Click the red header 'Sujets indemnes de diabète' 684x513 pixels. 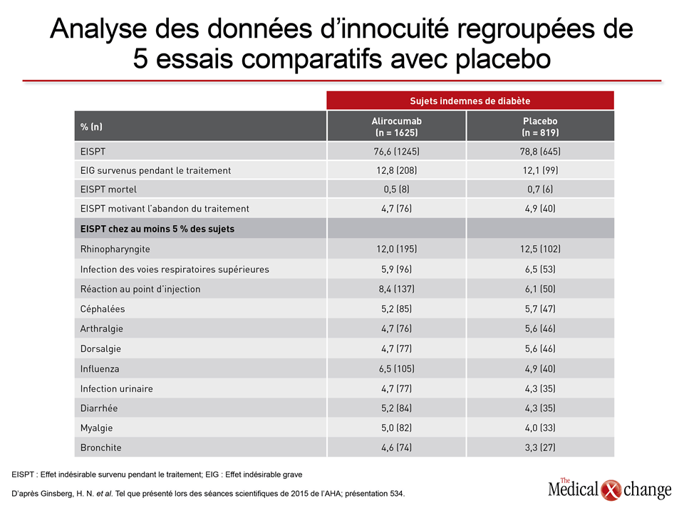(x=470, y=100)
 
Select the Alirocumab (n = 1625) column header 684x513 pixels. (x=397, y=127)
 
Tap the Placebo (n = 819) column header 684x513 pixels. (x=540, y=127)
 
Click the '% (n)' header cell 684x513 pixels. (x=91, y=127)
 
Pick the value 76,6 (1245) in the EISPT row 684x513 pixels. (x=397, y=151)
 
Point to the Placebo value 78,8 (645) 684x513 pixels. (x=540, y=151)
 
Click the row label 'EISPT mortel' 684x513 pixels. (x=108, y=190)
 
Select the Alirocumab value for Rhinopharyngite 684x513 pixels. (x=397, y=249)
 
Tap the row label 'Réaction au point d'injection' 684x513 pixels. (x=140, y=289)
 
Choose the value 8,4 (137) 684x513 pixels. (x=397, y=289)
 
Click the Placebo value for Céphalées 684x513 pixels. (x=540, y=309)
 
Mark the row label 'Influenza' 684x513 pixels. (x=100, y=369)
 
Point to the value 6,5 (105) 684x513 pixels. (x=397, y=369)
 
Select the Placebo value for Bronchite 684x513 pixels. (x=540, y=447)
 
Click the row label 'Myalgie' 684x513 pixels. (x=96, y=428)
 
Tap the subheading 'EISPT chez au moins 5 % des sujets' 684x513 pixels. (x=157, y=229)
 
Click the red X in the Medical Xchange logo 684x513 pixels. (x=611, y=490)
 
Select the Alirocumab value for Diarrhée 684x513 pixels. (x=397, y=408)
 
